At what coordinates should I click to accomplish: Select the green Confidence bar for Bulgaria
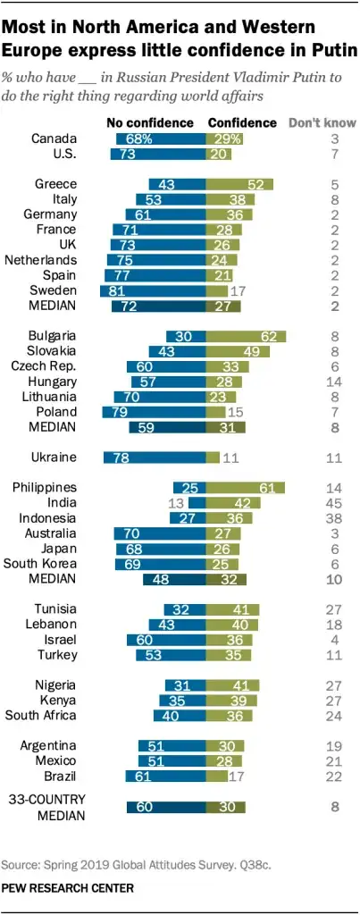pos(246,337)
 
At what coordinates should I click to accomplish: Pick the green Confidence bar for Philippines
pos(246,488)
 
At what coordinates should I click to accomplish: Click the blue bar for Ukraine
pos(155,457)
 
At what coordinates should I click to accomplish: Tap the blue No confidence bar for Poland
pos(154,412)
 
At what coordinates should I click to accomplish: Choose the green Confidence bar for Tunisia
pos(232,609)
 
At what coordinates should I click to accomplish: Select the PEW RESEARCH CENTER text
pos(69,888)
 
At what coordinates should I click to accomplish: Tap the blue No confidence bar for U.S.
pos(157,154)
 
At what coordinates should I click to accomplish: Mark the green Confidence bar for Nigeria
pos(232,685)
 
